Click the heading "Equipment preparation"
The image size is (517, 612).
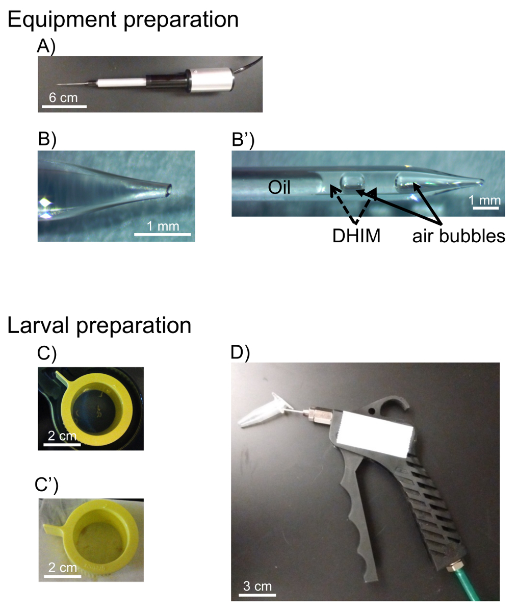click(123, 20)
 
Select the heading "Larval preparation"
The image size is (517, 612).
click(99, 326)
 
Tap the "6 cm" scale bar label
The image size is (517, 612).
click(63, 97)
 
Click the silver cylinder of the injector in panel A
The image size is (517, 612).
click(211, 79)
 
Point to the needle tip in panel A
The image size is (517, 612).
click(58, 85)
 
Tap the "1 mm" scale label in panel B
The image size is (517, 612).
click(163, 226)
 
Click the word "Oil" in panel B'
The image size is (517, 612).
click(279, 187)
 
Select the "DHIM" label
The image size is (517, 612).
click(356, 236)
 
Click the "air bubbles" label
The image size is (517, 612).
click(459, 236)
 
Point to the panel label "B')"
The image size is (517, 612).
click(243, 140)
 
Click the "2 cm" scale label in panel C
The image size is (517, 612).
click(62, 436)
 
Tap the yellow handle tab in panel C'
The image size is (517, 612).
click(54, 529)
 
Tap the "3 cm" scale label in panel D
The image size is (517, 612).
click(257, 586)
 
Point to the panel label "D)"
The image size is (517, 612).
click(240, 352)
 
